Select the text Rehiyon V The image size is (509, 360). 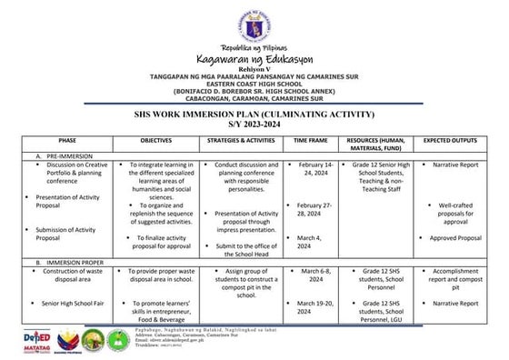click(x=254, y=68)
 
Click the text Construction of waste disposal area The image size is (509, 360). click(x=66, y=275)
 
